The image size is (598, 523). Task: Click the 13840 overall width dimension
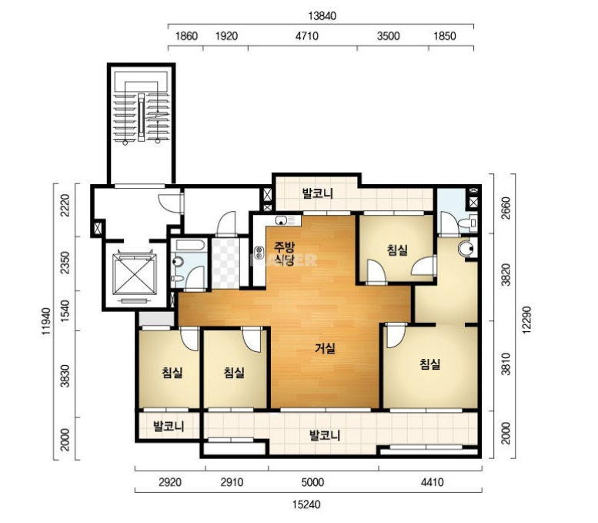[x=322, y=16]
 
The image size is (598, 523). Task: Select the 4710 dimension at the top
[x=307, y=36]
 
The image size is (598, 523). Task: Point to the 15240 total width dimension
[x=306, y=505]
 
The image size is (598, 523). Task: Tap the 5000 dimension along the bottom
[x=312, y=482]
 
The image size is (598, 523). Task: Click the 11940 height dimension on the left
[x=46, y=321]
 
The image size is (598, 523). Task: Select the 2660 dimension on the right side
[x=506, y=208]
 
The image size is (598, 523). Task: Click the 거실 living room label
[x=325, y=348]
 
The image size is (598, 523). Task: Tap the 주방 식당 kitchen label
[x=285, y=254]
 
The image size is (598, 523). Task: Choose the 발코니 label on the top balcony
[x=318, y=193]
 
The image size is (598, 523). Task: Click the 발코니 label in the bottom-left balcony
[x=169, y=426]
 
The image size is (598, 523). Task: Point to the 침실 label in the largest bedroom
[x=430, y=364]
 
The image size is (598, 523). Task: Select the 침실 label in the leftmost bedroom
[x=172, y=372]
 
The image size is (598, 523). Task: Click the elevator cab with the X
[x=135, y=274]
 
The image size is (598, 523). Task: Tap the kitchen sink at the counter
[x=282, y=220]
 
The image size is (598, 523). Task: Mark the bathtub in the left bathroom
[x=189, y=246]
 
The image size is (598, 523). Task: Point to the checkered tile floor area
[x=226, y=263]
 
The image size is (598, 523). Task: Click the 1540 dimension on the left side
[x=65, y=310]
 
